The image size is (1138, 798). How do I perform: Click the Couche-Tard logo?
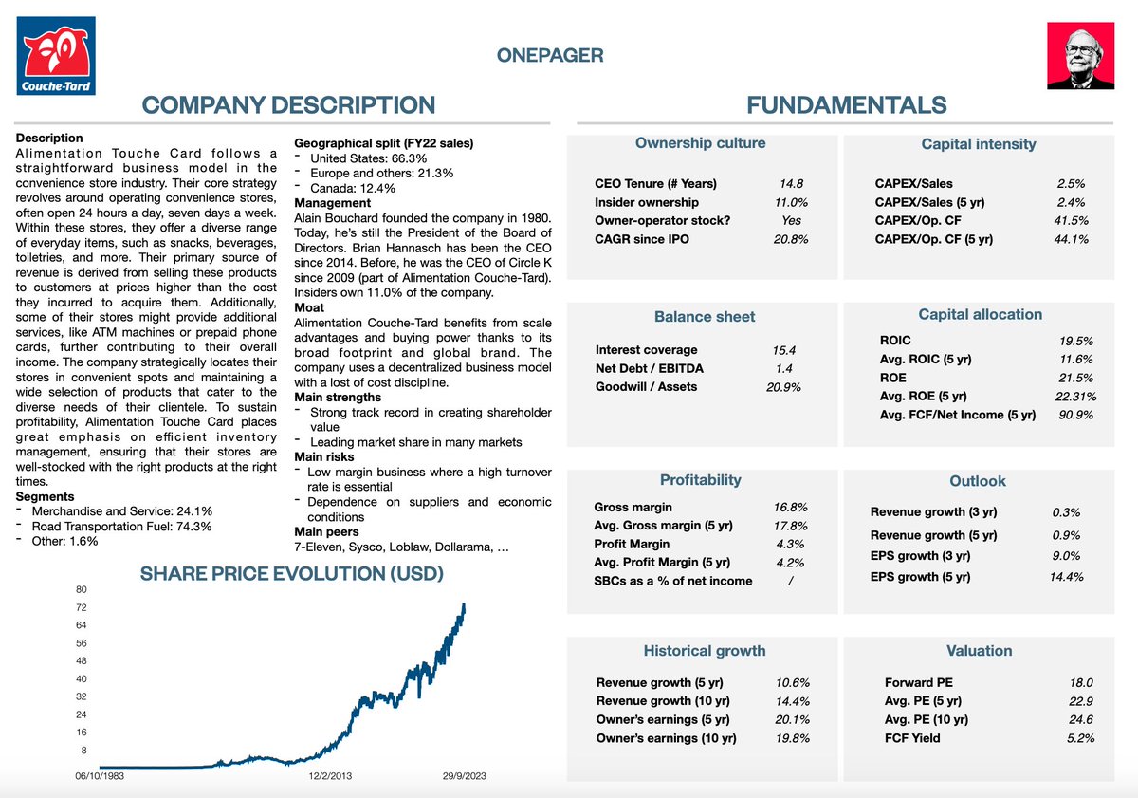[x=56, y=56]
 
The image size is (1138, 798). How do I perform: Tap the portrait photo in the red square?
[x=1079, y=56]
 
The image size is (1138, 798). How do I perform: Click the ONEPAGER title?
[x=550, y=55]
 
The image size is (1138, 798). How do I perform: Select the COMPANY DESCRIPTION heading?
[x=289, y=105]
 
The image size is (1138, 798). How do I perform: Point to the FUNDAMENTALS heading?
[x=846, y=105]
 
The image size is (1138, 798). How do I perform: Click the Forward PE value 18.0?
[x=1081, y=682]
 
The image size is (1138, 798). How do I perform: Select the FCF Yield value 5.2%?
[x=1080, y=737]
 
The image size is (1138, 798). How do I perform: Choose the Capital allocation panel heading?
[x=980, y=315]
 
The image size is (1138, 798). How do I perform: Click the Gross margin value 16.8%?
[x=790, y=508]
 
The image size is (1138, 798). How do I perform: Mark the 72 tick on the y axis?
[x=82, y=607]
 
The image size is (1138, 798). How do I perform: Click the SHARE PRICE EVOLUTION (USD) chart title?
[x=292, y=574]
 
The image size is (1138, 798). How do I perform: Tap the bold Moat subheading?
[x=309, y=307]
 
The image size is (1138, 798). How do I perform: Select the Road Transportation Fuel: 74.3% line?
[x=121, y=527]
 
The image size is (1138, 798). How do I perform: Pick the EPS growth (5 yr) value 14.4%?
[x=1066, y=576]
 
